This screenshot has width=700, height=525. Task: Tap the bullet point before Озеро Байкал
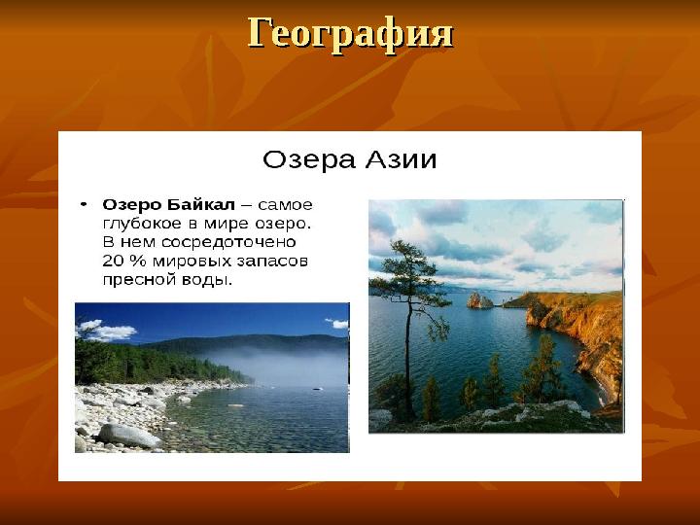click(x=85, y=204)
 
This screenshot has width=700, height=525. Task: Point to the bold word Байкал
click(x=202, y=205)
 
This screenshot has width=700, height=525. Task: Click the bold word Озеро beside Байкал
click(x=133, y=205)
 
